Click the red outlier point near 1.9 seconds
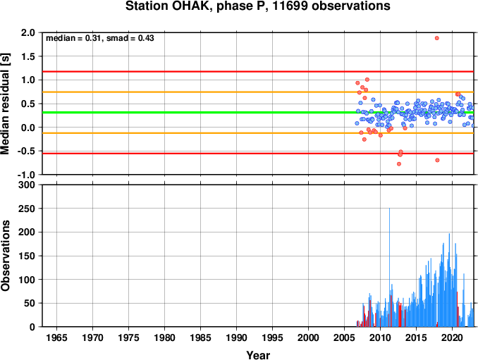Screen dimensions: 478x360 point(437,38)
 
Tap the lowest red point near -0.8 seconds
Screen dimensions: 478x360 point(399,164)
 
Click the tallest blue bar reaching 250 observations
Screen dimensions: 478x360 point(389,267)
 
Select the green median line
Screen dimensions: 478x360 point(258,113)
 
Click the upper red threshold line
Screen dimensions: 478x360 point(258,72)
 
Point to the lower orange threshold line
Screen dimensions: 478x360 point(258,133)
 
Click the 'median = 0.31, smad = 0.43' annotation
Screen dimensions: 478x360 point(100,38)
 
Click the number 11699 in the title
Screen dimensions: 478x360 point(289,6)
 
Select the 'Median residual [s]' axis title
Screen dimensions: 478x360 point(5,104)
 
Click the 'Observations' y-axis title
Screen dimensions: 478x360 point(5,256)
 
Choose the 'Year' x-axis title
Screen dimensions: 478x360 point(258,355)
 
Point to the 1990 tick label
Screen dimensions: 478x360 point(237,337)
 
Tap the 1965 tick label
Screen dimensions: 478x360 point(56,337)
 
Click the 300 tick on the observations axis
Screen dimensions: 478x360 point(27,185)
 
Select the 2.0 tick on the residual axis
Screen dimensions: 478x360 point(28,32)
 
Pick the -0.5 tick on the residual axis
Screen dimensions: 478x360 point(26,151)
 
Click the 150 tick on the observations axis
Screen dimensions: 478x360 point(27,256)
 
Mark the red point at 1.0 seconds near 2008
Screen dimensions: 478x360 point(367,80)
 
